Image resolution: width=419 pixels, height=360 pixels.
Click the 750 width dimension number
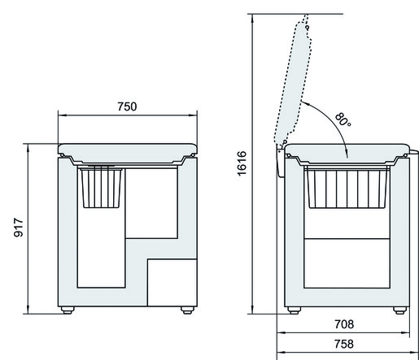tap(126, 106)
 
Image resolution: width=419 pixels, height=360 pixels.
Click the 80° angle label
tap(342, 120)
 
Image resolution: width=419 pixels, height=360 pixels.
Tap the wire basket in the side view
tap(346, 189)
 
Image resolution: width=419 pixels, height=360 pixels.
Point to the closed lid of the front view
tap(128, 150)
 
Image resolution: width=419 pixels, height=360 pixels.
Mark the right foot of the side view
tap(399, 310)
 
